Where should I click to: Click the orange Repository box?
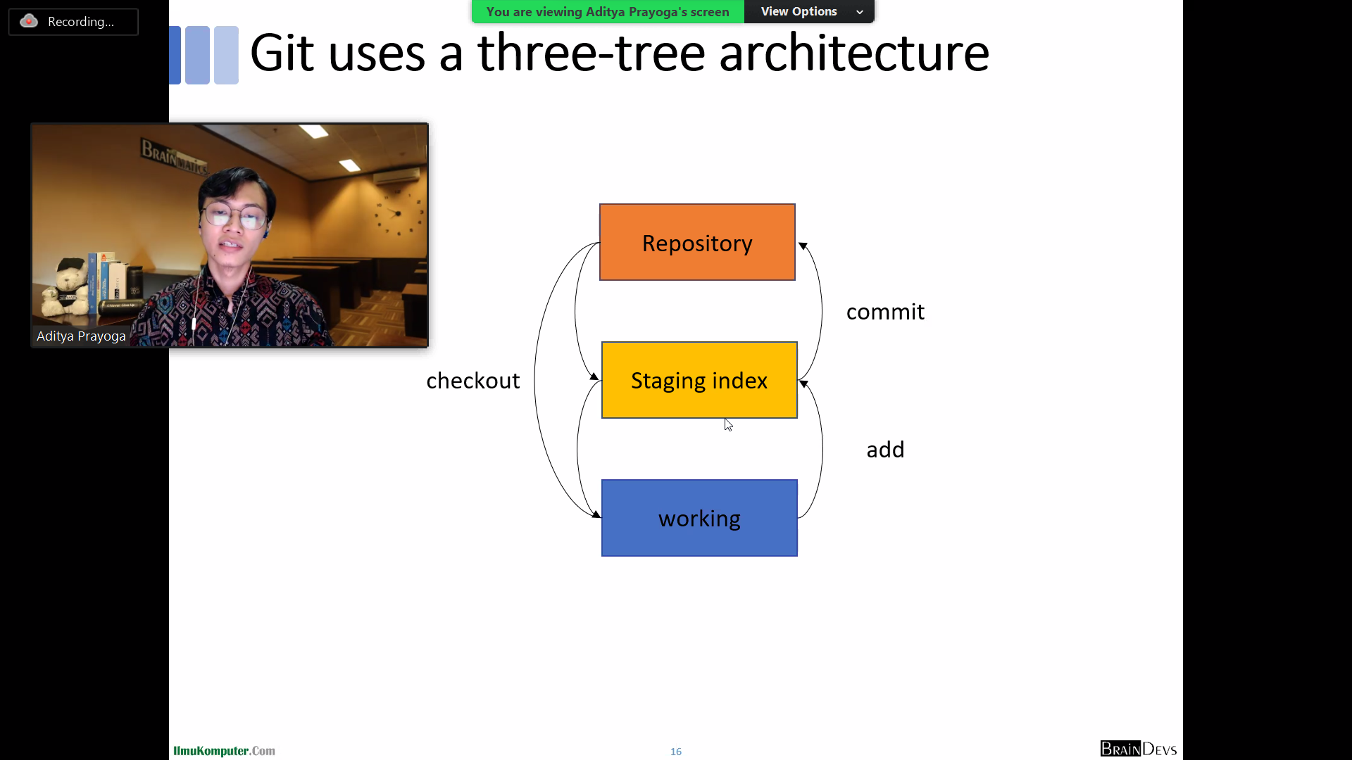pos(697,242)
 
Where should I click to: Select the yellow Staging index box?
pos(699,380)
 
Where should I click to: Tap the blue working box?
pos(699,518)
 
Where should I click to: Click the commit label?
pos(885,312)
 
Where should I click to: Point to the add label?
pos(885,450)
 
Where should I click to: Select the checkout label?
pos(472,381)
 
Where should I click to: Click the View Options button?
pos(809,12)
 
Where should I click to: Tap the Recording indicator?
pos(73,22)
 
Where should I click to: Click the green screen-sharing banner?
pos(608,12)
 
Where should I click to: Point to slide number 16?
pos(676,752)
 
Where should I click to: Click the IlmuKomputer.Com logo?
pos(224,751)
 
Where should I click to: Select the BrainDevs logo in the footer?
pos(1138,749)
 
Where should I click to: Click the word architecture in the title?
pos(853,53)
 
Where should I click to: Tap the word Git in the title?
pos(282,53)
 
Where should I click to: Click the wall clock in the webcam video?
pos(398,213)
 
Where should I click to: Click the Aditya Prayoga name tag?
pos(81,336)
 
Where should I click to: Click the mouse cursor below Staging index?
pos(728,424)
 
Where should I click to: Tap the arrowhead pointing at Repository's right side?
pos(803,246)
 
